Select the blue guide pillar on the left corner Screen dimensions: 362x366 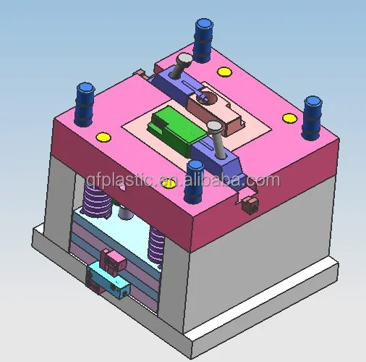click(x=85, y=101)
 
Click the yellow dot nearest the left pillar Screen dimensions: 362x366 click(x=103, y=136)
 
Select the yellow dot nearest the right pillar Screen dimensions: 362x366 click(x=289, y=118)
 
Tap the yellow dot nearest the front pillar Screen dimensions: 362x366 click(x=169, y=183)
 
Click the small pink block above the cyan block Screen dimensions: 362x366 click(x=111, y=258)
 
